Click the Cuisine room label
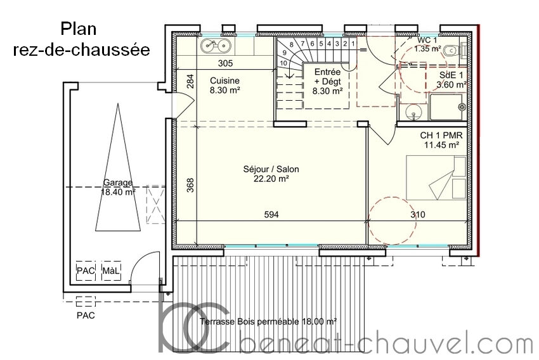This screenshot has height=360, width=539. (225, 80)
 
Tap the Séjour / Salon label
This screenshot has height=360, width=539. (271, 169)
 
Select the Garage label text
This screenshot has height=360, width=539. (118, 183)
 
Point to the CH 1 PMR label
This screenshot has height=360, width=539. (441, 136)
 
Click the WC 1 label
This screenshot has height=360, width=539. (427, 40)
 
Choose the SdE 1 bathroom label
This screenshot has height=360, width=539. (451, 75)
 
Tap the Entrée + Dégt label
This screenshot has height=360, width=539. (328, 77)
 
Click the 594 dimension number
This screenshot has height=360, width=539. (271, 215)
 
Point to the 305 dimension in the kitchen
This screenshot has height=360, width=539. (226, 63)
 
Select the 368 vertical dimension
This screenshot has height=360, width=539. (190, 185)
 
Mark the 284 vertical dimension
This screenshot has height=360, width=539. (190, 81)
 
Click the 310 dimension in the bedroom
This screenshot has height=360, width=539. (418, 215)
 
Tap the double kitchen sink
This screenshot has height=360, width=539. (216, 46)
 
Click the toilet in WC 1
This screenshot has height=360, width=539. (451, 51)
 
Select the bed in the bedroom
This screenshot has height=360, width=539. (436, 177)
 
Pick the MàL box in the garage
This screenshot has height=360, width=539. (112, 271)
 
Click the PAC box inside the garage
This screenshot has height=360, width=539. (86, 271)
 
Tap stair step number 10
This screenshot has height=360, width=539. (283, 63)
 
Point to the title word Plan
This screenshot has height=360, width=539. (79, 29)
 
